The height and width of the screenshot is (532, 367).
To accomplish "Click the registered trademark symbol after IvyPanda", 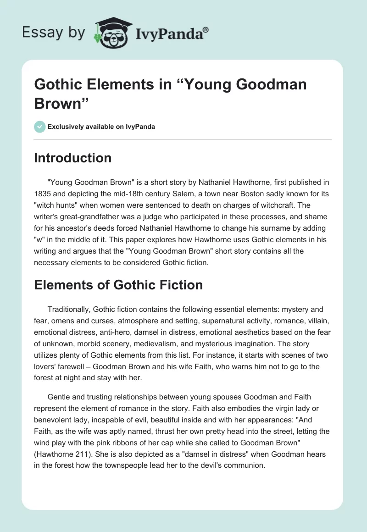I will tap(206, 31).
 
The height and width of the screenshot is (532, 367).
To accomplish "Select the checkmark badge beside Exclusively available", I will tap(39, 127).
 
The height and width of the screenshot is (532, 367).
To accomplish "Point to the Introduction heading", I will tap(73, 158).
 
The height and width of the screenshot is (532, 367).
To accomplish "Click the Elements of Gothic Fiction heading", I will tap(118, 285).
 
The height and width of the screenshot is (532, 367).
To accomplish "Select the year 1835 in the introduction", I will tap(44, 195).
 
